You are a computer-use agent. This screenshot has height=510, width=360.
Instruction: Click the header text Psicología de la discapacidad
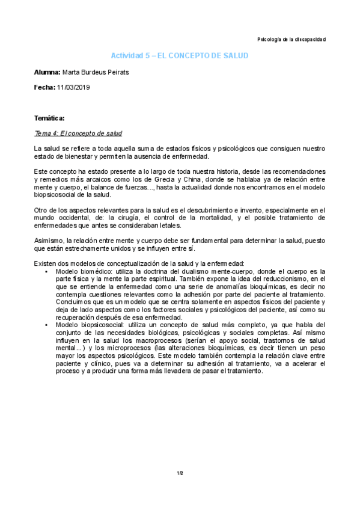[291, 40]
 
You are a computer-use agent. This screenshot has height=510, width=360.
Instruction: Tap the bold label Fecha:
[44, 88]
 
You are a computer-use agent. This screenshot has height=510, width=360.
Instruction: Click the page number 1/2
[180, 473]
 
